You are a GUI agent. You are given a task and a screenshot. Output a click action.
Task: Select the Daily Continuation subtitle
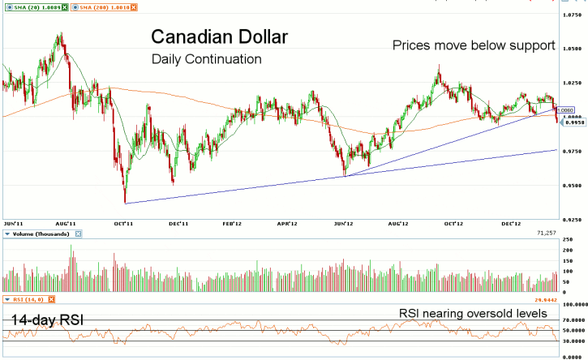[x=206, y=59]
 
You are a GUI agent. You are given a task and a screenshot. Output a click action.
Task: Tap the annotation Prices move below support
[x=474, y=45]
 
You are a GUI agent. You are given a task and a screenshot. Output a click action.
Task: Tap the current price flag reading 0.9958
[x=573, y=123]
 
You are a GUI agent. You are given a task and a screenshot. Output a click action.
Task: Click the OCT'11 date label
[x=123, y=222]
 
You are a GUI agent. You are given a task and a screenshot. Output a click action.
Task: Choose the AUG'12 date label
[x=397, y=222]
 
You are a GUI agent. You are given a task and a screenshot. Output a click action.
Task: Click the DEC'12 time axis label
[x=509, y=222]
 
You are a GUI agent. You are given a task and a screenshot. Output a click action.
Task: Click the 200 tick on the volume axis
[x=569, y=251]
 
